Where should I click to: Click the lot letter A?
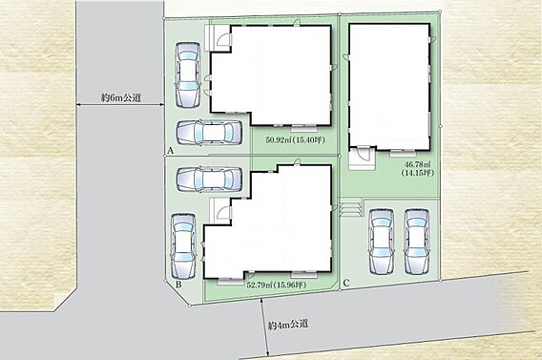click(170, 151)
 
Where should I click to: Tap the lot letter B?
click(178, 285)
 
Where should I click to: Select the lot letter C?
click(346, 284)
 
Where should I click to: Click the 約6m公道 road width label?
click(121, 97)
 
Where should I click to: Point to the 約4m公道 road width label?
click(288, 325)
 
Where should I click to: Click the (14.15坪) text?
click(418, 173)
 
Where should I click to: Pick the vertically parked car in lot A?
click(188, 74)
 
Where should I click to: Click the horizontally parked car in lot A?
click(209, 133)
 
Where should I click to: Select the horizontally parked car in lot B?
click(209, 180)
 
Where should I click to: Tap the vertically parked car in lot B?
click(183, 246)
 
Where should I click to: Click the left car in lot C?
click(382, 242)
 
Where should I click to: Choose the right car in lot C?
click(417, 242)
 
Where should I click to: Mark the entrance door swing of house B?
click(224, 211)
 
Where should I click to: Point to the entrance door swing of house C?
click(364, 153)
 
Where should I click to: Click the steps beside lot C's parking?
click(350, 207)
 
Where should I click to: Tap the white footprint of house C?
click(389, 87)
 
